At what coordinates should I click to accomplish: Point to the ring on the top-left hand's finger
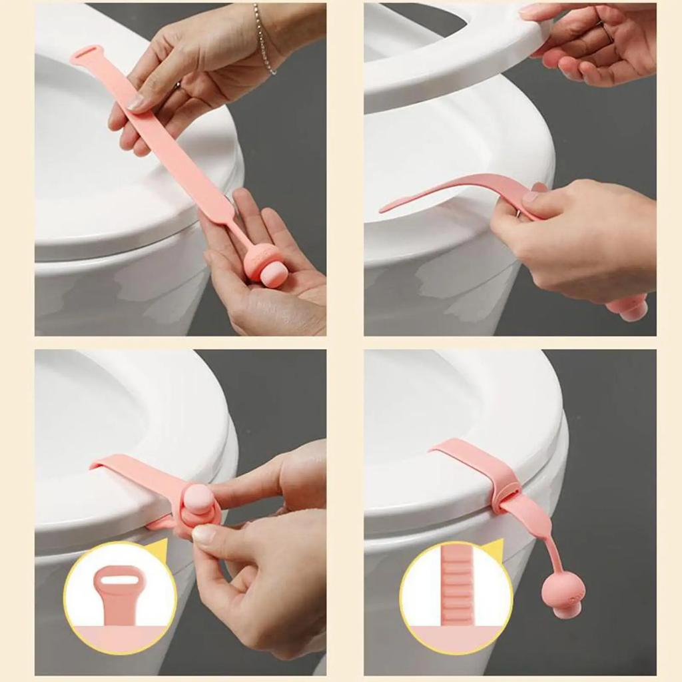[178, 85]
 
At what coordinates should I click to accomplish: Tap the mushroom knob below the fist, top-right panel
[629, 308]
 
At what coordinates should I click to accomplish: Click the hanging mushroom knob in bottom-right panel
[563, 593]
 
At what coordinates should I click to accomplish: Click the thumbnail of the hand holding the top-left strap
[135, 103]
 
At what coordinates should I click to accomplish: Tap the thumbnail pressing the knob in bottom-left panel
[203, 533]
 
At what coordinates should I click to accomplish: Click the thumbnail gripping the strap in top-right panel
[531, 196]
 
